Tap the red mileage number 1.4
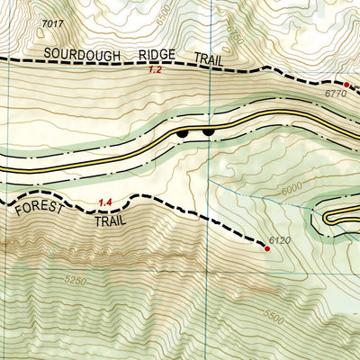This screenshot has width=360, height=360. (105, 202)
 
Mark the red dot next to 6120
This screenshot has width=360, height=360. (266, 248)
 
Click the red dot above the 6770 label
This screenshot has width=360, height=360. (346, 84)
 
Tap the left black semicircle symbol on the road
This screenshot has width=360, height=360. (184, 133)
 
